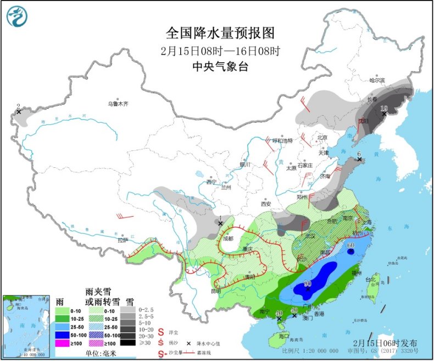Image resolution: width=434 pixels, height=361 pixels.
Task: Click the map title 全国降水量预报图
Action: (x=219, y=34)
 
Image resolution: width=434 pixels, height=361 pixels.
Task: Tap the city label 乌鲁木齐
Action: (x=118, y=103)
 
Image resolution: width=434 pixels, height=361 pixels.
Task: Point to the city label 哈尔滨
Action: (x=377, y=80)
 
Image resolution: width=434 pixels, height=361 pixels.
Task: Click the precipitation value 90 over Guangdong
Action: (x=308, y=284)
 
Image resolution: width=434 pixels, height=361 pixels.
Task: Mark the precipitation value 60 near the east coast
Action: (x=350, y=245)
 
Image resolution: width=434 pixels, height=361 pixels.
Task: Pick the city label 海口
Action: (x=283, y=336)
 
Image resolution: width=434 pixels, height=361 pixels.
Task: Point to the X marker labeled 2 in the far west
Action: (x=19, y=112)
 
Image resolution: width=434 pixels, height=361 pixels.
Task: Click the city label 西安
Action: (x=266, y=204)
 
